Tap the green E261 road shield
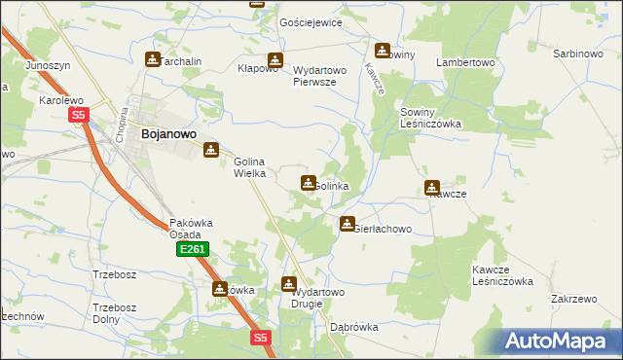(192, 250)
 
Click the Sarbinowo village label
(578, 54)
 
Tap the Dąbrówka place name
(353, 328)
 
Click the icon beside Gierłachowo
(348, 225)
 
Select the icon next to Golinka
(309, 182)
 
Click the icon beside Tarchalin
(153, 59)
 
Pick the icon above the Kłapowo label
(275, 59)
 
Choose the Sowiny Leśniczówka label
(430, 119)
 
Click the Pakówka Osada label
(186, 228)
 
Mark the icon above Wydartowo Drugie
(289, 284)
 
